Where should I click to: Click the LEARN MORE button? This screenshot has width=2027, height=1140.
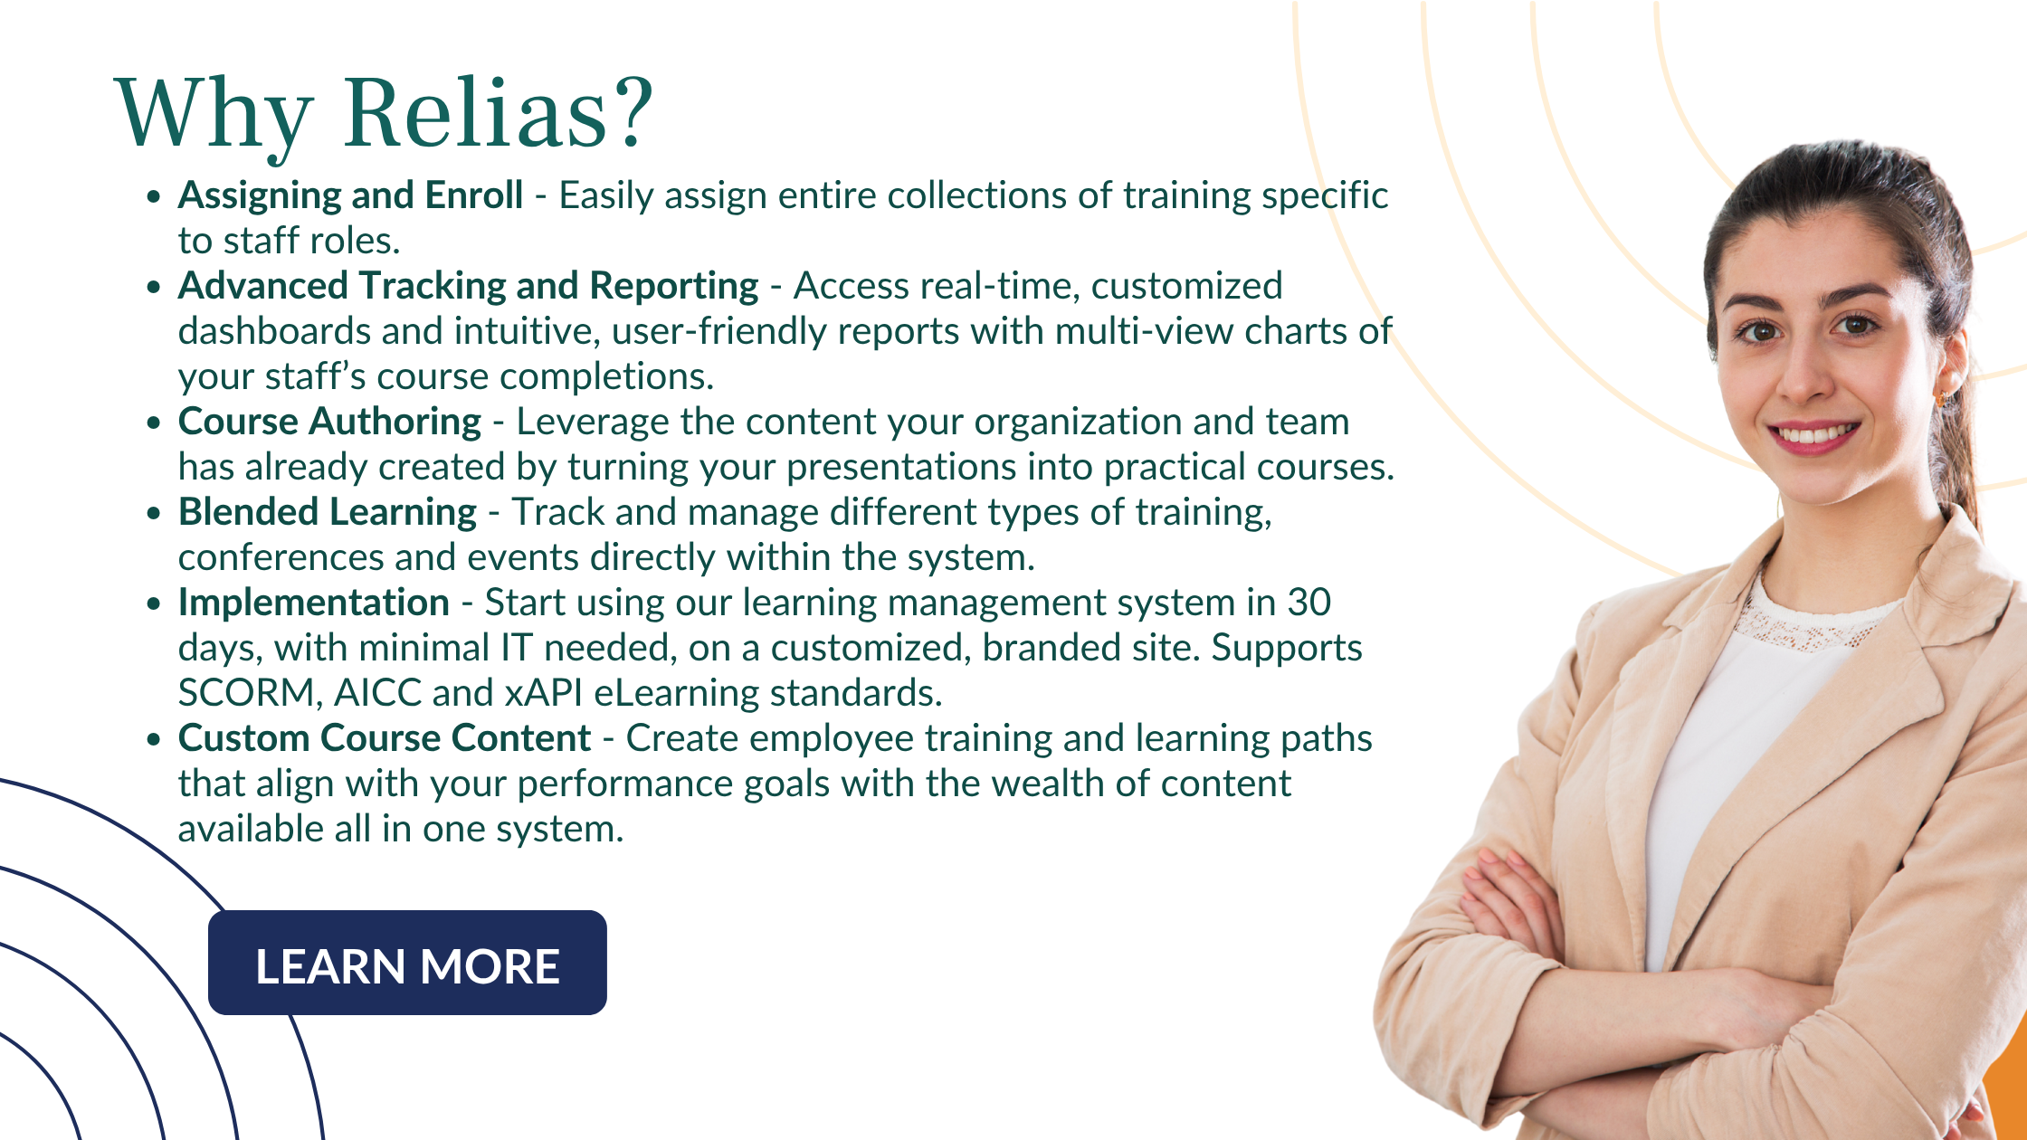(x=407, y=963)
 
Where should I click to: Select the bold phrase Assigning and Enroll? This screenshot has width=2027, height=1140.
(x=350, y=196)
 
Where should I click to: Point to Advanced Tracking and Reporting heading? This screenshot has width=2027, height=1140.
(x=468, y=287)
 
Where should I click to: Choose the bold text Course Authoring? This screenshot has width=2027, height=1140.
(x=329, y=423)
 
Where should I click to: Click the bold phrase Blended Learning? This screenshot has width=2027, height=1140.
(x=328, y=513)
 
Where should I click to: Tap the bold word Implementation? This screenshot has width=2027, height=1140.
(x=314, y=603)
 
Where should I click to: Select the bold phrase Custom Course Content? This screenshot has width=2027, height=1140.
(x=385, y=738)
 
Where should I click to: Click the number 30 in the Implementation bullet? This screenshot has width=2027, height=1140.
(x=1309, y=603)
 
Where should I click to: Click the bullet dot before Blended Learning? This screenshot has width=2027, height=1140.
(x=154, y=513)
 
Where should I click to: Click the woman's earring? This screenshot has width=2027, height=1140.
(x=1942, y=396)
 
